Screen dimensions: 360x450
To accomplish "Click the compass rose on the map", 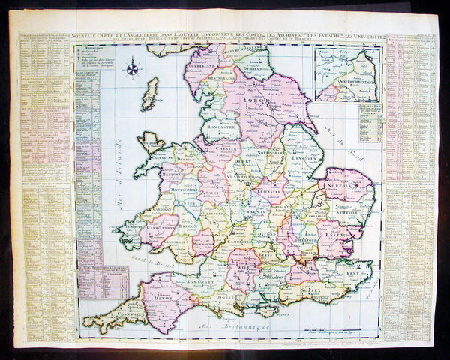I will [133, 69].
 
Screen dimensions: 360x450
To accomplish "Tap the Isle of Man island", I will [151, 94].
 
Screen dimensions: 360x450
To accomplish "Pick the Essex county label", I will [331, 233].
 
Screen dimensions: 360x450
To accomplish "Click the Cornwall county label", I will [112, 319].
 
